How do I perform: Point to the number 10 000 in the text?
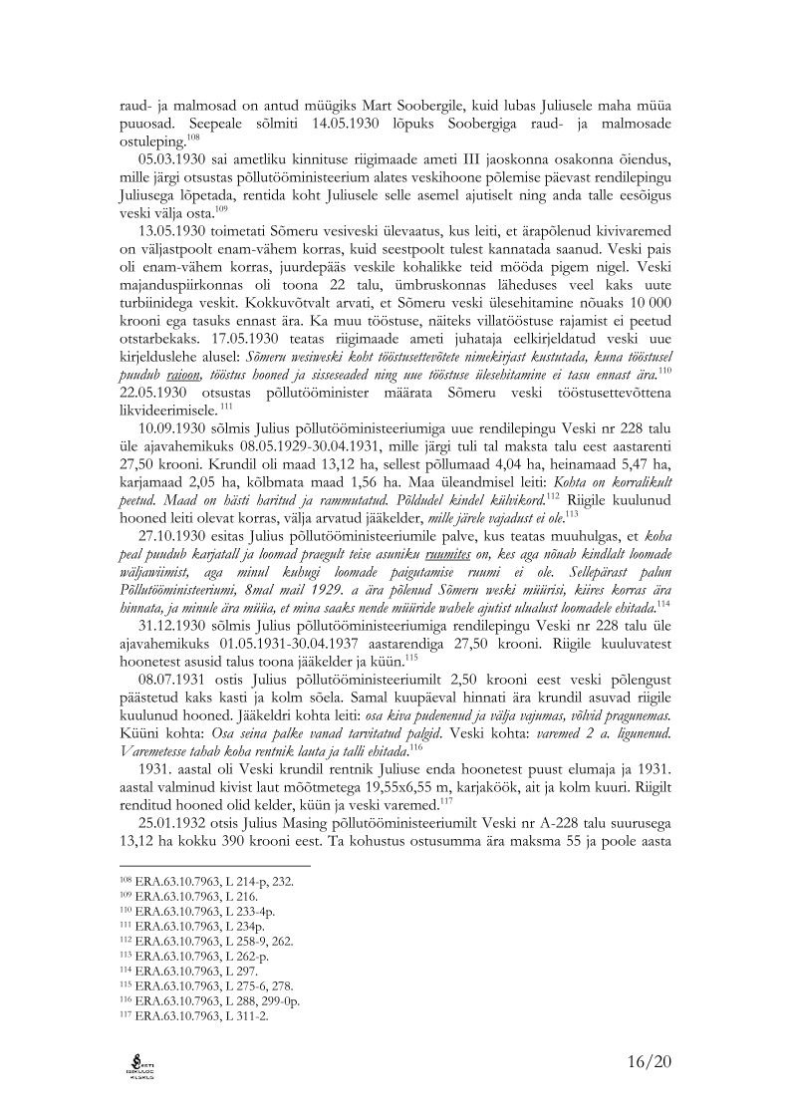point(648,344)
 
